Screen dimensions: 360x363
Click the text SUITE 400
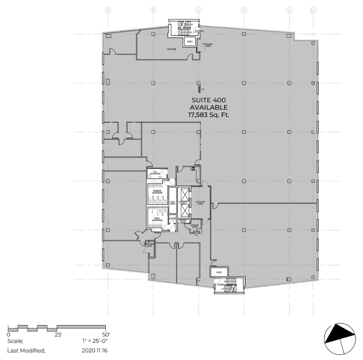click(x=209, y=100)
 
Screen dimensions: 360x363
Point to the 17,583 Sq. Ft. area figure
click(x=209, y=115)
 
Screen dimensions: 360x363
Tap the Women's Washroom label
click(x=157, y=192)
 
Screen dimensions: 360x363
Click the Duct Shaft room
click(x=173, y=202)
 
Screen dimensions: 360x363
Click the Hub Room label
click(x=171, y=49)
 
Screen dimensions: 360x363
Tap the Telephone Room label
click(x=207, y=44)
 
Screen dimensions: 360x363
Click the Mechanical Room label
click(x=149, y=244)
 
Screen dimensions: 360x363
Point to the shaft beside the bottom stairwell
click(x=219, y=272)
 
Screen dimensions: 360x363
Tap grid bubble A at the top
click(x=108, y=10)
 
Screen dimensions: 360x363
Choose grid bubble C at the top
click(x=198, y=10)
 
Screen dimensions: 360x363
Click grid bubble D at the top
click(x=244, y=10)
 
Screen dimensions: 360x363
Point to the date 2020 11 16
click(x=95, y=350)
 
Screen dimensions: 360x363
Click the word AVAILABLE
click(x=209, y=108)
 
